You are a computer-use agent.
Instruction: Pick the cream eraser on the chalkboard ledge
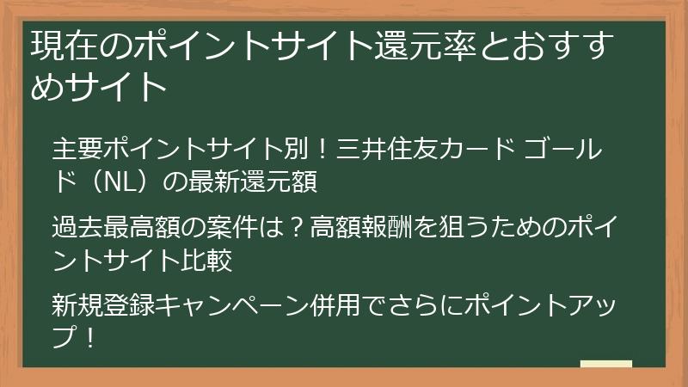tap(605, 364)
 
